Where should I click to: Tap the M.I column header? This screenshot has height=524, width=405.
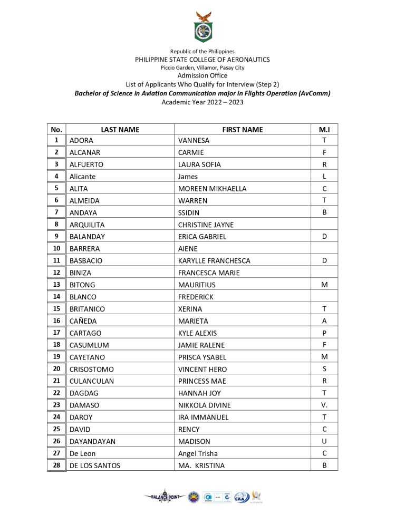coord(324,129)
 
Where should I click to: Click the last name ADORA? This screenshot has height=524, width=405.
coord(81,140)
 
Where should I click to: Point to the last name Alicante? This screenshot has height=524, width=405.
coord(83,177)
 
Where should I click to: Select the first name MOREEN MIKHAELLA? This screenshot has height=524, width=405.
coord(213,189)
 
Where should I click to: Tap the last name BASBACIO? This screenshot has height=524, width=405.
coord(86,261)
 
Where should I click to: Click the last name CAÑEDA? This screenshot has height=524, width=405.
coord(83,321)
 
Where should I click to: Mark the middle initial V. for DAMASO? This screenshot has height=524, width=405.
coord(324,405)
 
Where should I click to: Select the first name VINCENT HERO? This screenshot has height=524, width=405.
coord(202,370)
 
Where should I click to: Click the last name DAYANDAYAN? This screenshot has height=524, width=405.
coord(92,442)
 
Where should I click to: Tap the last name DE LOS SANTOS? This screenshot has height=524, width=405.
coord(95,466)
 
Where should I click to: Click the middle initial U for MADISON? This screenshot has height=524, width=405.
coord(324,442)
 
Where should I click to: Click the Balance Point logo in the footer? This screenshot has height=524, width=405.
coord(165,496)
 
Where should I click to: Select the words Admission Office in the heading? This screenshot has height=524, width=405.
coord(202,75)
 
